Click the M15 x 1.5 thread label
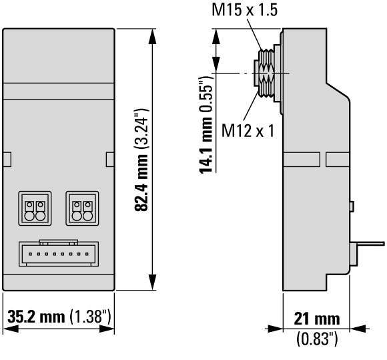pos(245,10)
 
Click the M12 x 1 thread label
pos(248,130)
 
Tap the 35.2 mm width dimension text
pos(36,317)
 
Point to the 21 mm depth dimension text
pos(317,319)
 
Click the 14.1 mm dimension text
pos(206,145)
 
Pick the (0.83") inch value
pos(317,339)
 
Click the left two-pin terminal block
pos(35,208)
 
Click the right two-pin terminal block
pos(82,208)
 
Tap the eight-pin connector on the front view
pos(59,253)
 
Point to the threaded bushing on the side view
pos(266,73)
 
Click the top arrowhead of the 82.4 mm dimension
pos(153,37)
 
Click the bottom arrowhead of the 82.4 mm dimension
pos(153,282)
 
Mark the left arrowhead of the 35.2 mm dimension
pos(11,329)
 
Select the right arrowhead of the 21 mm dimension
pos(358,329)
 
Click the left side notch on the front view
pos(7,160)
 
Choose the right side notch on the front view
pos(110,160)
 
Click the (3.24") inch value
pos(141,128)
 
